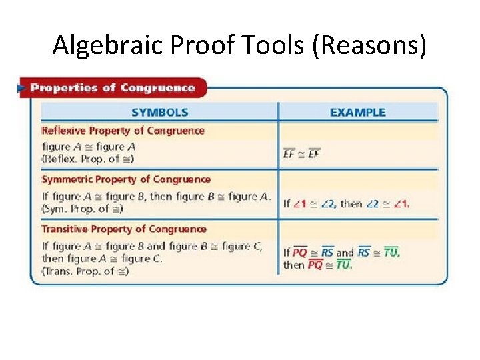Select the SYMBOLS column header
160,113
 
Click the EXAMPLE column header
357,113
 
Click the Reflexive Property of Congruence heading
123,131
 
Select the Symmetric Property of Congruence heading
126,179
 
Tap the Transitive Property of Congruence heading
124,229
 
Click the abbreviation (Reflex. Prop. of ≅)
87,159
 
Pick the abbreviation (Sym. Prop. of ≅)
84,209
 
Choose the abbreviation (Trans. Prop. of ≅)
85,271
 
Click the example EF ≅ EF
302,154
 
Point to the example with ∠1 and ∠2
347,204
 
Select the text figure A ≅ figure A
89,147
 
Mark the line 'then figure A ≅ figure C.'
102,259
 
